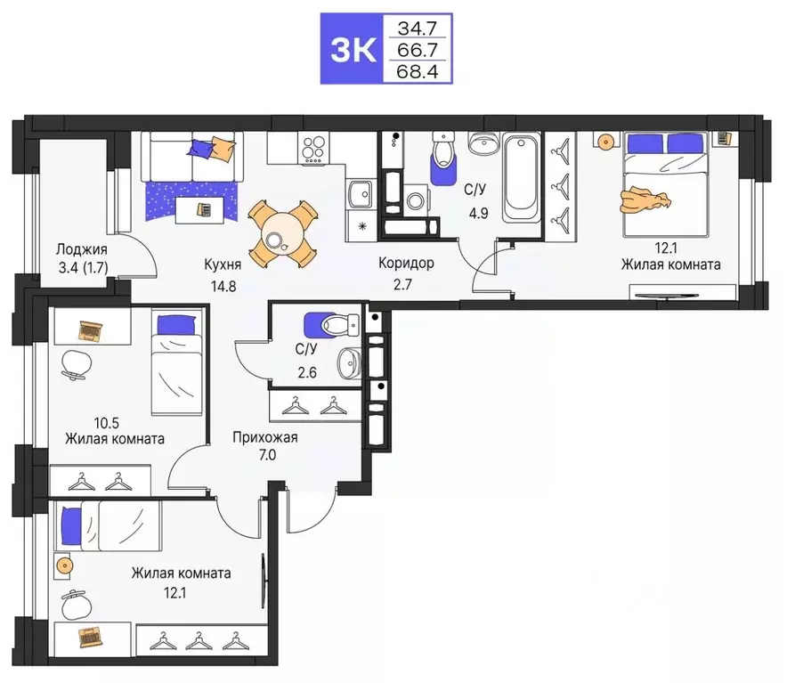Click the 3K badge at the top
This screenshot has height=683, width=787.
[x=352, y=50]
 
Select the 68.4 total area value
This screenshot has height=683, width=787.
[x=418, y=70]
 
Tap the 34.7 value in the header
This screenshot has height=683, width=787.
[x=418, y=28]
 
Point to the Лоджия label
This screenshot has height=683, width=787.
[x=81, y=250]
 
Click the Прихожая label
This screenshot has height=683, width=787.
[x=264, y=437]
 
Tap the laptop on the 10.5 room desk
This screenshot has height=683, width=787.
[x=90, y=331]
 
